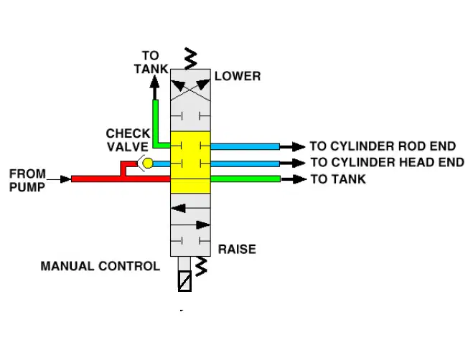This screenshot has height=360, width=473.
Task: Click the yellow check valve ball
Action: point(148,163)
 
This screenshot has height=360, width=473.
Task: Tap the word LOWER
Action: point(238,76)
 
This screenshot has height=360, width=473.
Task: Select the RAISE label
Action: point(237,250)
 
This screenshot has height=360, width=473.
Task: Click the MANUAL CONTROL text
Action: point(100,266)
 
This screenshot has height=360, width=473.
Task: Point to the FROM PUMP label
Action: point(27,180)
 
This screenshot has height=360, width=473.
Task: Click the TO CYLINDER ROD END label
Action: point(383,146)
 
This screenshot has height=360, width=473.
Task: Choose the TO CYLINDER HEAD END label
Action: point(388,163)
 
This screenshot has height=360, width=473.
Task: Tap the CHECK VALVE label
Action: point(128,141)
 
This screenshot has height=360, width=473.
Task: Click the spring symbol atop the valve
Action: point(190,59)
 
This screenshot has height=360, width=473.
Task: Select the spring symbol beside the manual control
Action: point(201,267)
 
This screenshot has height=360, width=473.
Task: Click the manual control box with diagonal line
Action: point(184,281)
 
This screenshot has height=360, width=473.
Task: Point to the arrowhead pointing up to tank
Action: point(155,82)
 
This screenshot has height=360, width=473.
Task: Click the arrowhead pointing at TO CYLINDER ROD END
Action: point(299,147)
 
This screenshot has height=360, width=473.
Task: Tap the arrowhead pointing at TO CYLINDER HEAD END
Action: point(299,163)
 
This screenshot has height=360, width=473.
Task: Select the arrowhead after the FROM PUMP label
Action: point(66,179)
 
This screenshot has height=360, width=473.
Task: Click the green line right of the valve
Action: point(245,179)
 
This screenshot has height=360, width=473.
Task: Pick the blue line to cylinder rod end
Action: point(245,147)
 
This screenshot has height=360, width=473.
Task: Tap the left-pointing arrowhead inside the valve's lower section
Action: point(178,209)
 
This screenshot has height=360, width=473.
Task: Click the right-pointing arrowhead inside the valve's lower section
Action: point(203,225)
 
